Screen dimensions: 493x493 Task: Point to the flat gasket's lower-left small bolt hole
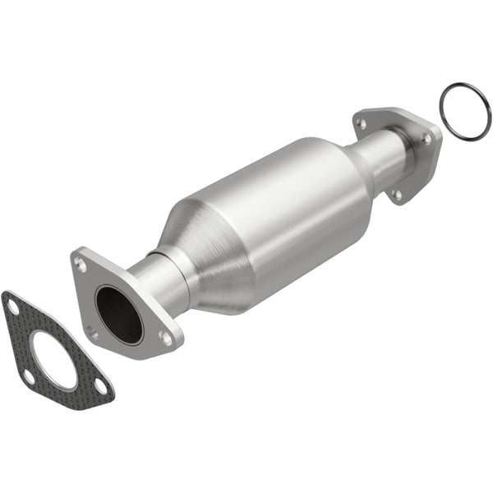29,376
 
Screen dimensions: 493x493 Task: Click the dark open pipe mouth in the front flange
118,315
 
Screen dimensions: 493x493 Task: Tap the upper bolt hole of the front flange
81,264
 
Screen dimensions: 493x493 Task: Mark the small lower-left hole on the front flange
93,333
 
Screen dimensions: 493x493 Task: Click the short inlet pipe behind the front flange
160,279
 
